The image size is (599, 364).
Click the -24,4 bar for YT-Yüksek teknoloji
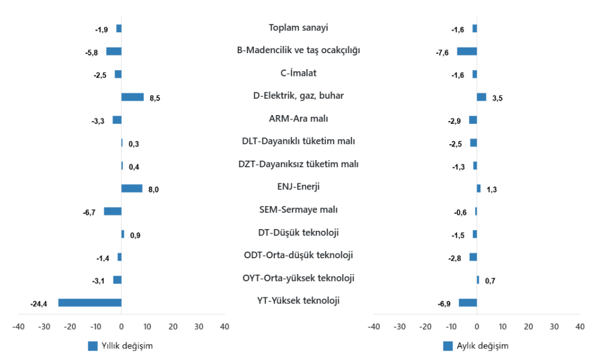click(89, 303)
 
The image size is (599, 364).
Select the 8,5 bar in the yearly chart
click(132, 97)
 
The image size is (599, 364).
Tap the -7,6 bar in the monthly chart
click(467, 51)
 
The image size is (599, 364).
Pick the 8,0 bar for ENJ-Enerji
click(132, 188)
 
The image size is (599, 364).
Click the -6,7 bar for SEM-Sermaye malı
click(112, 211)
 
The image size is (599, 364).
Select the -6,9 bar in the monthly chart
click(467, 303)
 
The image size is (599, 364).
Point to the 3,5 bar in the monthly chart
click(481, 97)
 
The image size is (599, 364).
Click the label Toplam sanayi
click(298, 27)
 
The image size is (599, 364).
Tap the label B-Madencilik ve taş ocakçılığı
click(298, 50)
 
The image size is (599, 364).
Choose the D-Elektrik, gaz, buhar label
click(298, 95)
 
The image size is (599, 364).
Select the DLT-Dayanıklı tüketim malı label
click(298, 141)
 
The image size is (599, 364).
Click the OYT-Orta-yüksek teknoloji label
click(298, 278)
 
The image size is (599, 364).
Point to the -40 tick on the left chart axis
click(19, 327)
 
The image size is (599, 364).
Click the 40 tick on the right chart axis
click(580, 327)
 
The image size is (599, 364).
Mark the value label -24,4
click(39, 303)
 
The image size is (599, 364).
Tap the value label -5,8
click(91, 53)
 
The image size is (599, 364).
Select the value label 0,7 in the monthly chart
click(490, 281)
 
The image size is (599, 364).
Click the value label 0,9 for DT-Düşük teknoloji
click(135, 235)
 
